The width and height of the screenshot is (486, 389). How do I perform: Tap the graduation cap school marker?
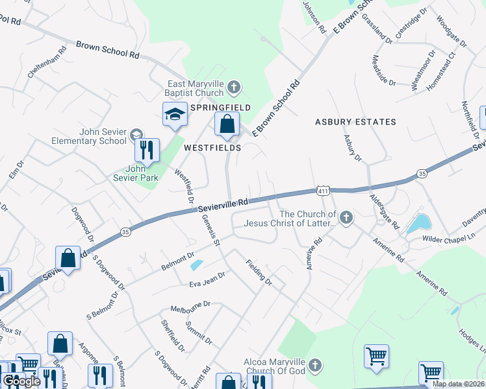(173, 115)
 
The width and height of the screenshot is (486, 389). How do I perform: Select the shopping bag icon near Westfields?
(227, 123)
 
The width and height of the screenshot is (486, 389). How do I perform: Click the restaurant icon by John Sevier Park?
(147, 150)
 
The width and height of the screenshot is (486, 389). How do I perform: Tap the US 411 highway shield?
(323, 191)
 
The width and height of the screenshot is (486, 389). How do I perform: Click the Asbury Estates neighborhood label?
(355, 122)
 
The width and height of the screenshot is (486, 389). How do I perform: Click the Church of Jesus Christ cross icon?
(346, 218)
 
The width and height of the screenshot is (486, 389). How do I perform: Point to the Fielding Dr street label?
(259, 273)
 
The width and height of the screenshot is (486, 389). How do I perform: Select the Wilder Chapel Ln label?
(444, 234)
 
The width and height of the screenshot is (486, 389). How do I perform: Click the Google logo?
(21, 381)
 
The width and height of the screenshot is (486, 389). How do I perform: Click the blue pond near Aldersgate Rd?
(417, 225)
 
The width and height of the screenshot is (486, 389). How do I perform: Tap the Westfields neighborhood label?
(212, 148)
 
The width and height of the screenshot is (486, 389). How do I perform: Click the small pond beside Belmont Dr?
(196, 265)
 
